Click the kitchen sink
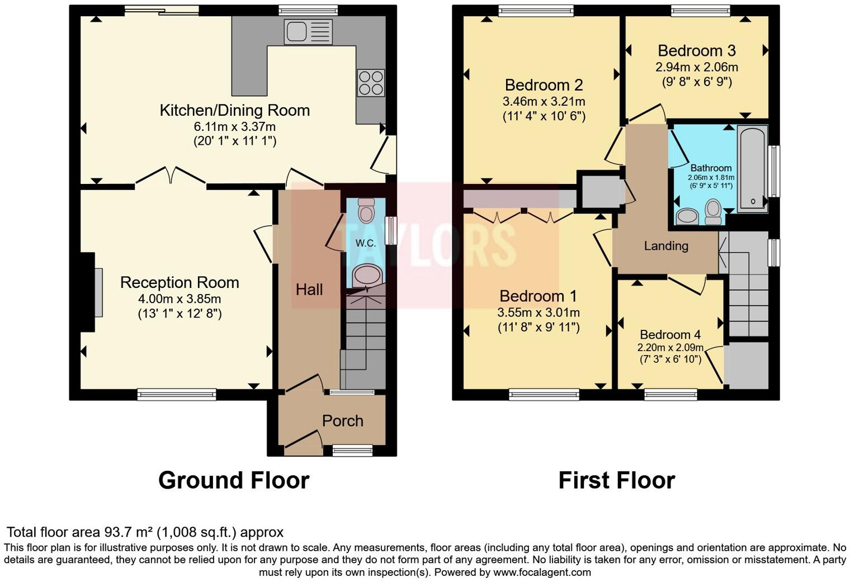[308, 32]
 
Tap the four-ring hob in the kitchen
[371, 83]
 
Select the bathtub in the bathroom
[752, 168]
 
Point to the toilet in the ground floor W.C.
[366, 210]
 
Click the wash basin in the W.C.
[367, 276]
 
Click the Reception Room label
[180, 283]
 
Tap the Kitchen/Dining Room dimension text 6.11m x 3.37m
[235, 126]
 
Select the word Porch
[343, 421]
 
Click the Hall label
[309, 290]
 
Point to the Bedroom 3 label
[697, 51]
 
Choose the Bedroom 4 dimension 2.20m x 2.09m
[670, 347]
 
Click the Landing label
[666, 246]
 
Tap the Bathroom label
[711, 168]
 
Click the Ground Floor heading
[234, 480]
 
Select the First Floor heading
[617, 480]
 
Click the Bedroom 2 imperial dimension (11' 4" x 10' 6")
[544, 116]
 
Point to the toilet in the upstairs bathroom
[713, 212]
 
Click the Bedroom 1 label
[538, 296]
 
